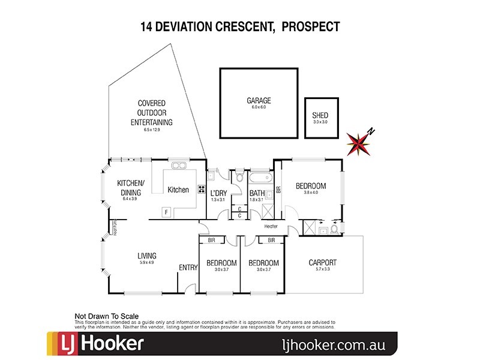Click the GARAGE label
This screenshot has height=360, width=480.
[x=259, y=100]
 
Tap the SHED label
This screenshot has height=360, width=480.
[x=320, y=116]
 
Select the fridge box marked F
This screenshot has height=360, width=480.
[x=166, y=211]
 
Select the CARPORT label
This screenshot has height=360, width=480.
[x=322, y=262]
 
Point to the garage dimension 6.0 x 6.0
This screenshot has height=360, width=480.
[x=259, y=107]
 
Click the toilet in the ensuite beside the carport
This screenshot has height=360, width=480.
[x=334, y=229]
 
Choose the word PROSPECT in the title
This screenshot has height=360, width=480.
[x=310, y=26]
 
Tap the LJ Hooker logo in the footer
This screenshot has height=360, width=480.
[x=96, y=344]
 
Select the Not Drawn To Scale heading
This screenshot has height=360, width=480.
[x=106, y=316]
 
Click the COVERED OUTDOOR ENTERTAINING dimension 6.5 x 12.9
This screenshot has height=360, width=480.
[x=152, y=130]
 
